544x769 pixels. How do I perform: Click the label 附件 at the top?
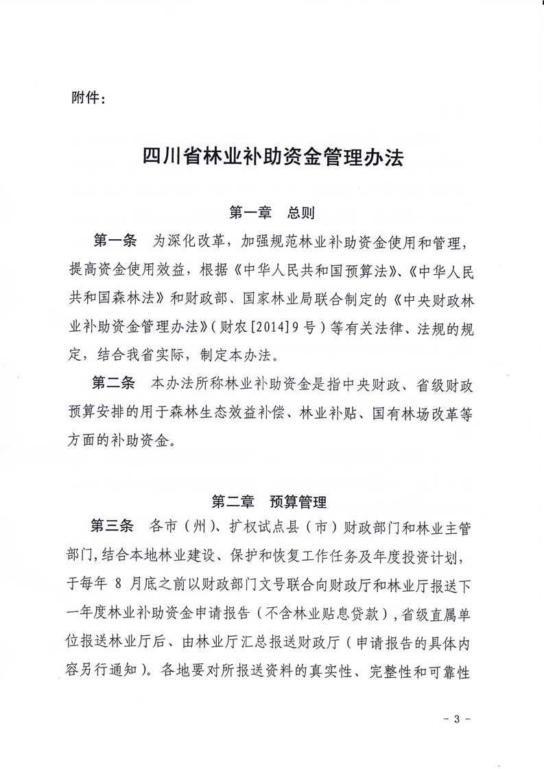pos(88,98)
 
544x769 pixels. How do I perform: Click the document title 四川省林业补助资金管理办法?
pos(272,159)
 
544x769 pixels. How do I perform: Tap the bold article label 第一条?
pos(115,241)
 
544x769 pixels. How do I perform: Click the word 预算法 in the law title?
pos(357,269)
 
